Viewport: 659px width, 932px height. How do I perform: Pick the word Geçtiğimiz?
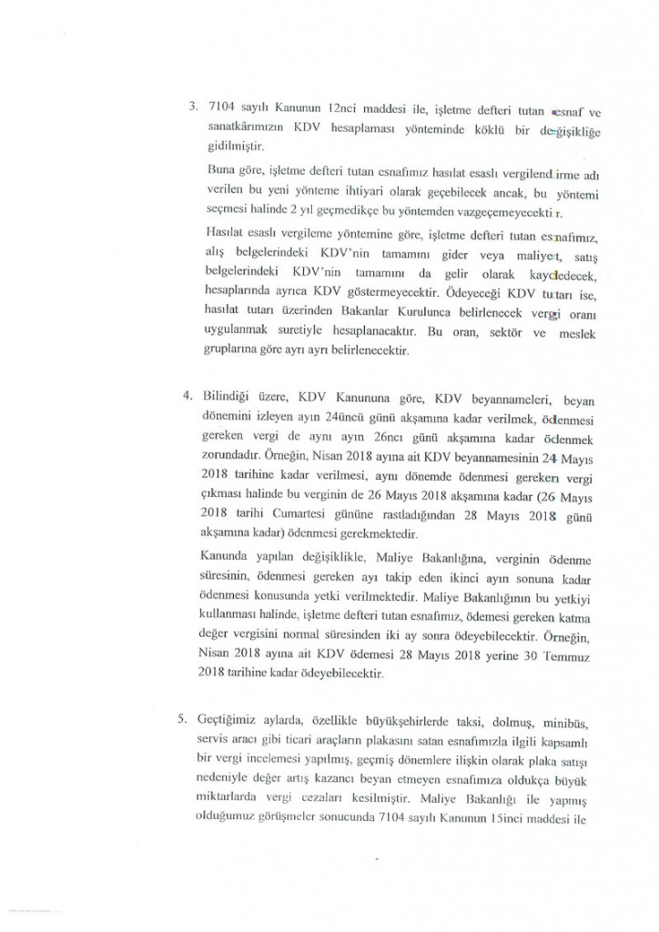tap(231, 719)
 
